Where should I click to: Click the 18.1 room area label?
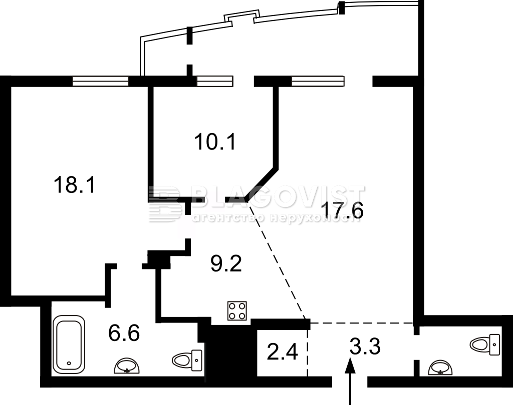[75, 184]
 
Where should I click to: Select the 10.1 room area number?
[215, 142]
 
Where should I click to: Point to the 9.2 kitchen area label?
[226, 263]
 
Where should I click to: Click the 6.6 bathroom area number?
[124, 332]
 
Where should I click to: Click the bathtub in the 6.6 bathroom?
[69, 344]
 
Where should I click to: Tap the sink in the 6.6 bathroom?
[127, 366]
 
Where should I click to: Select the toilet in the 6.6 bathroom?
[187, 360]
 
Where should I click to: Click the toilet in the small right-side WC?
[485, 344]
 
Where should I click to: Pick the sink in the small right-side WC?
[441, 367]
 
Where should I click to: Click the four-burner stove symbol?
[237, 310]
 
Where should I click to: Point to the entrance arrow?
[350, 381]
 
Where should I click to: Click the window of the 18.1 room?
[100, 81]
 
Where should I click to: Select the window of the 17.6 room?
[318, 81]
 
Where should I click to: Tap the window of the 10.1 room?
[215, 81]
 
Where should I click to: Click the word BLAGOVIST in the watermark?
[278, 198]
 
